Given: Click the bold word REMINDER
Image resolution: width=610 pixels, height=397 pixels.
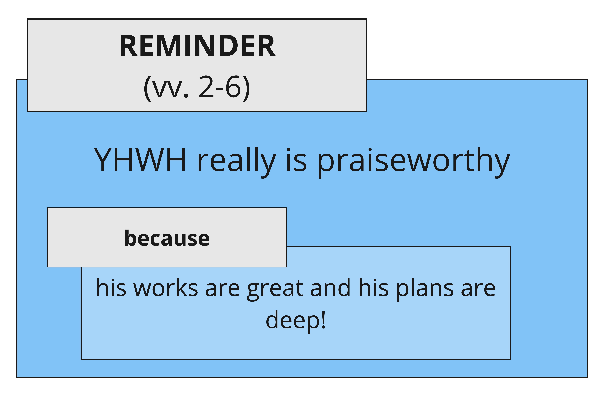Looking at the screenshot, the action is (x=197, y=46).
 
